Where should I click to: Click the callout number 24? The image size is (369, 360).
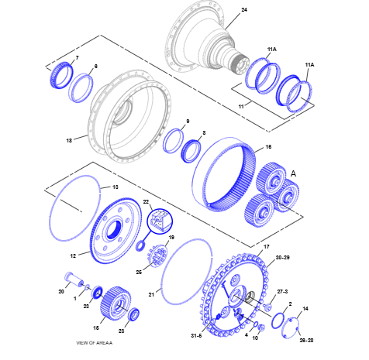pyautogui.click(x=244, y=10)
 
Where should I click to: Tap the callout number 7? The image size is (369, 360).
pyautogui.click(x=78, y=58)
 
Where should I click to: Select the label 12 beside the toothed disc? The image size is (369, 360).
pyautogui.click(x=73, y=255)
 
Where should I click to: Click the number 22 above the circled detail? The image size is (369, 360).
pyautogui.click(x=146, y=201)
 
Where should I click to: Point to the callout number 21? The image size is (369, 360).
pyautogui.click(x=151, y=294)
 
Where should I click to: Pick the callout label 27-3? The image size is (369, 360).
pyautogui.click(x=282, y=292)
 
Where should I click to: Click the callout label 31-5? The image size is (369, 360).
pyautogui.click(x=196, y=335)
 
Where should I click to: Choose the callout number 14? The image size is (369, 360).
pyautogui.click(x=305, y=308)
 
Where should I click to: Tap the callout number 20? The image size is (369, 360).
pyautogui.click(x=61, y=291)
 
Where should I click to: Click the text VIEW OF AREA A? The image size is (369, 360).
pyautogui.click(x=95, y=343)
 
